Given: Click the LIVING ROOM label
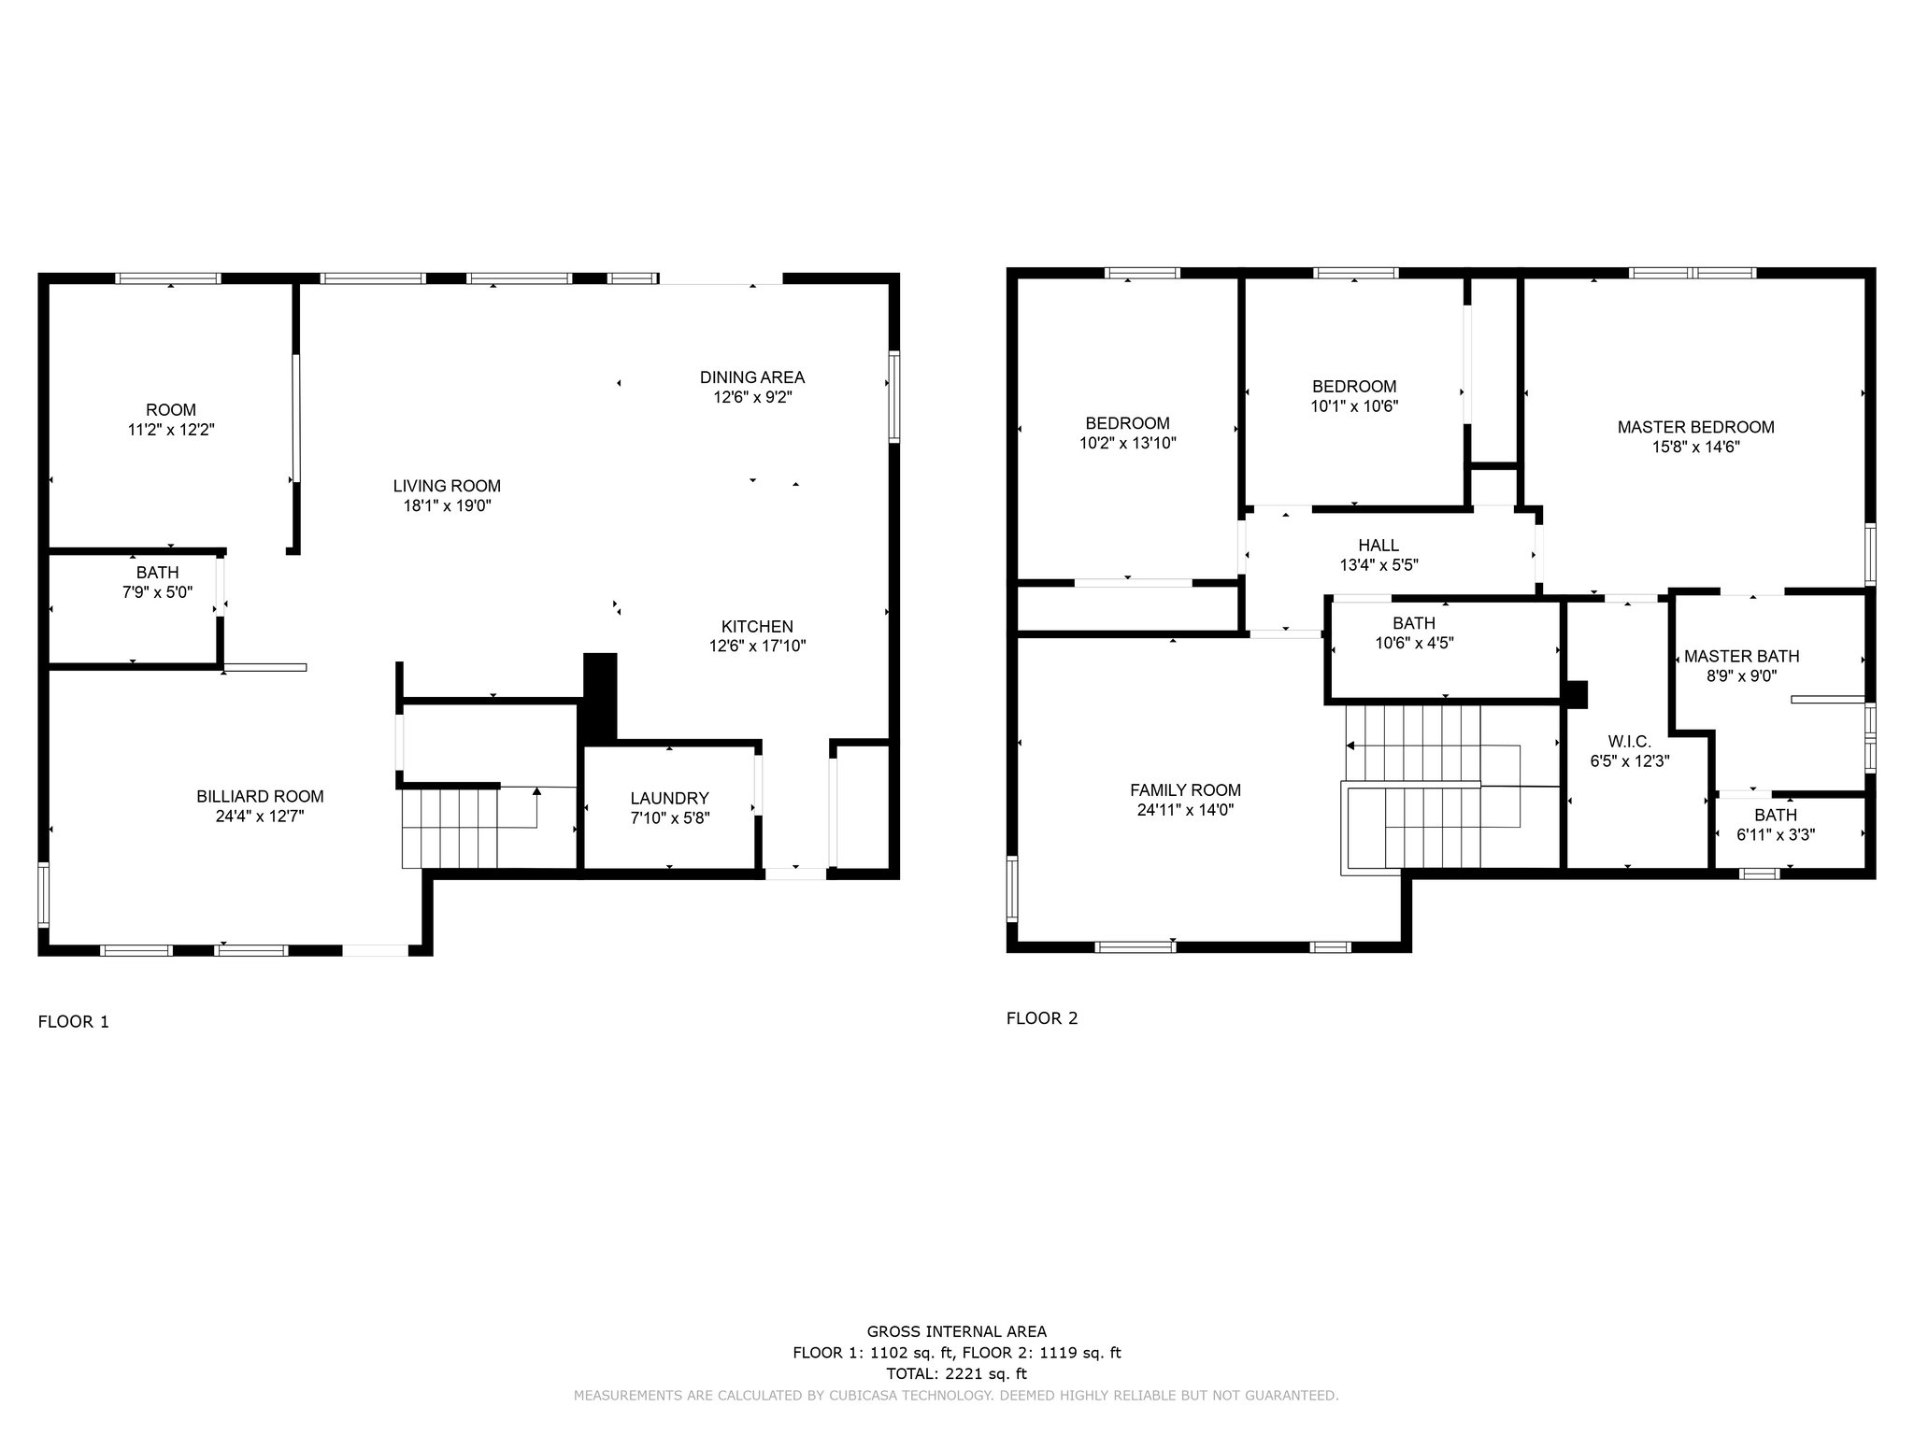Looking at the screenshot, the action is [447, 486].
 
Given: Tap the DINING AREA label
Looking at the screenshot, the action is [752, 377].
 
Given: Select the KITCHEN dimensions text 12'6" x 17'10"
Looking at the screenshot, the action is [757, 646].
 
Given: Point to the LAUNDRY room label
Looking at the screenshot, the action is [669, 798].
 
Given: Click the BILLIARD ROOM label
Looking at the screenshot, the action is [260, 796].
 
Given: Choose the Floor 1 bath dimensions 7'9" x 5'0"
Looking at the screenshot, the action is [157, 591].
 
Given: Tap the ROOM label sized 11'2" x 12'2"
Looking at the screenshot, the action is [171, 410].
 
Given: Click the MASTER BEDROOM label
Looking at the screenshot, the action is [1695, 427].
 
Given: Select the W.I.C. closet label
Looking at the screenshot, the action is [1630, 742].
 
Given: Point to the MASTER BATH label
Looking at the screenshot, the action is [1741, 657].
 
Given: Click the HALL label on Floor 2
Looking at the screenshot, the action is [1378, 546].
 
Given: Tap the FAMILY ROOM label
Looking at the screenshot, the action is [1185, 790].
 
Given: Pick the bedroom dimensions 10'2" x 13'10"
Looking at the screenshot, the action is [1127, 443].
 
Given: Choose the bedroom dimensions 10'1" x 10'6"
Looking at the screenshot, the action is [1354, 406].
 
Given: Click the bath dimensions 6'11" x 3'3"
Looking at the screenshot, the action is [1775, 835].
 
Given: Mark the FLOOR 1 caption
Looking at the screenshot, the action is [73, 1022].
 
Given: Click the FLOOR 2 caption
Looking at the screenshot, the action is [1042, 1018].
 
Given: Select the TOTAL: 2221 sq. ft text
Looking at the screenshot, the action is [956, 1374].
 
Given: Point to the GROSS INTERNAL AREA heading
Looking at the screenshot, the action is [956, 1332].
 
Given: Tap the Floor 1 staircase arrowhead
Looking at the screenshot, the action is [536, 792].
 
